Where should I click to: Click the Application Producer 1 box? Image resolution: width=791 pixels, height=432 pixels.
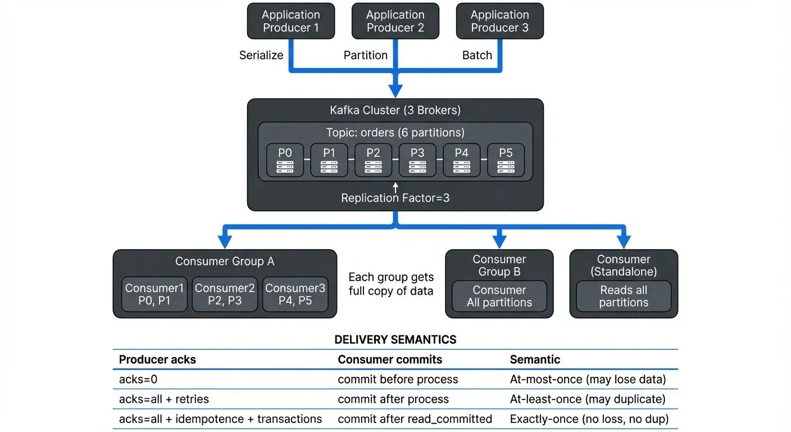(291, 21)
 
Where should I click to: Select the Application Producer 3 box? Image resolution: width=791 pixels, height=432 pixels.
(499, 21)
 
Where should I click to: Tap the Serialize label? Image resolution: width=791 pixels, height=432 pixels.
(261, 55)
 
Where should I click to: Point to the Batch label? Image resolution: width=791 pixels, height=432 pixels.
(477, 55)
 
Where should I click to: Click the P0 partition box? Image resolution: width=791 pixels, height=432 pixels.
(285, 160)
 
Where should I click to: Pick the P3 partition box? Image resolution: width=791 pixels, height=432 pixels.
(417, 160)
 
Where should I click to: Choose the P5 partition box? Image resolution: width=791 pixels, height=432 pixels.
(506, 160)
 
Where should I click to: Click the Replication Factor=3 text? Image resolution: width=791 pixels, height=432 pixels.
(395, 198)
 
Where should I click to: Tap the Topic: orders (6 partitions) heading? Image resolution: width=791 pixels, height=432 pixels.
(395, 133)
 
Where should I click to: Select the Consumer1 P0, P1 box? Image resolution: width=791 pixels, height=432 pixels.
(154, 294)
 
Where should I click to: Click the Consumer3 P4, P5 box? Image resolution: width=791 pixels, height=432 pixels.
(295, 294)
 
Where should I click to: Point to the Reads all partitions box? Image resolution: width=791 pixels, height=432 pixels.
(624, 296)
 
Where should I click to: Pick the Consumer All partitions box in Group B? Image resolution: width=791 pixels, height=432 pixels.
(499, 296)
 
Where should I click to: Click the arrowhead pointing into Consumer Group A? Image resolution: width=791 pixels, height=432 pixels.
(225, 241)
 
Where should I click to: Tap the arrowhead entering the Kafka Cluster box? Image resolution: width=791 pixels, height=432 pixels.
(395, 91)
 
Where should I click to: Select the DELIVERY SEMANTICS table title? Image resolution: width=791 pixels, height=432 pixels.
(395, 340)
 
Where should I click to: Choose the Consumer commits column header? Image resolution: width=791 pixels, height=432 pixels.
(390, 359)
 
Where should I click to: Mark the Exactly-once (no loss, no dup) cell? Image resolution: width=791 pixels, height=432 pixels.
(589, 419)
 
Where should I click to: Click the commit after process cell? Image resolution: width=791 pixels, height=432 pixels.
(393, 399)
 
